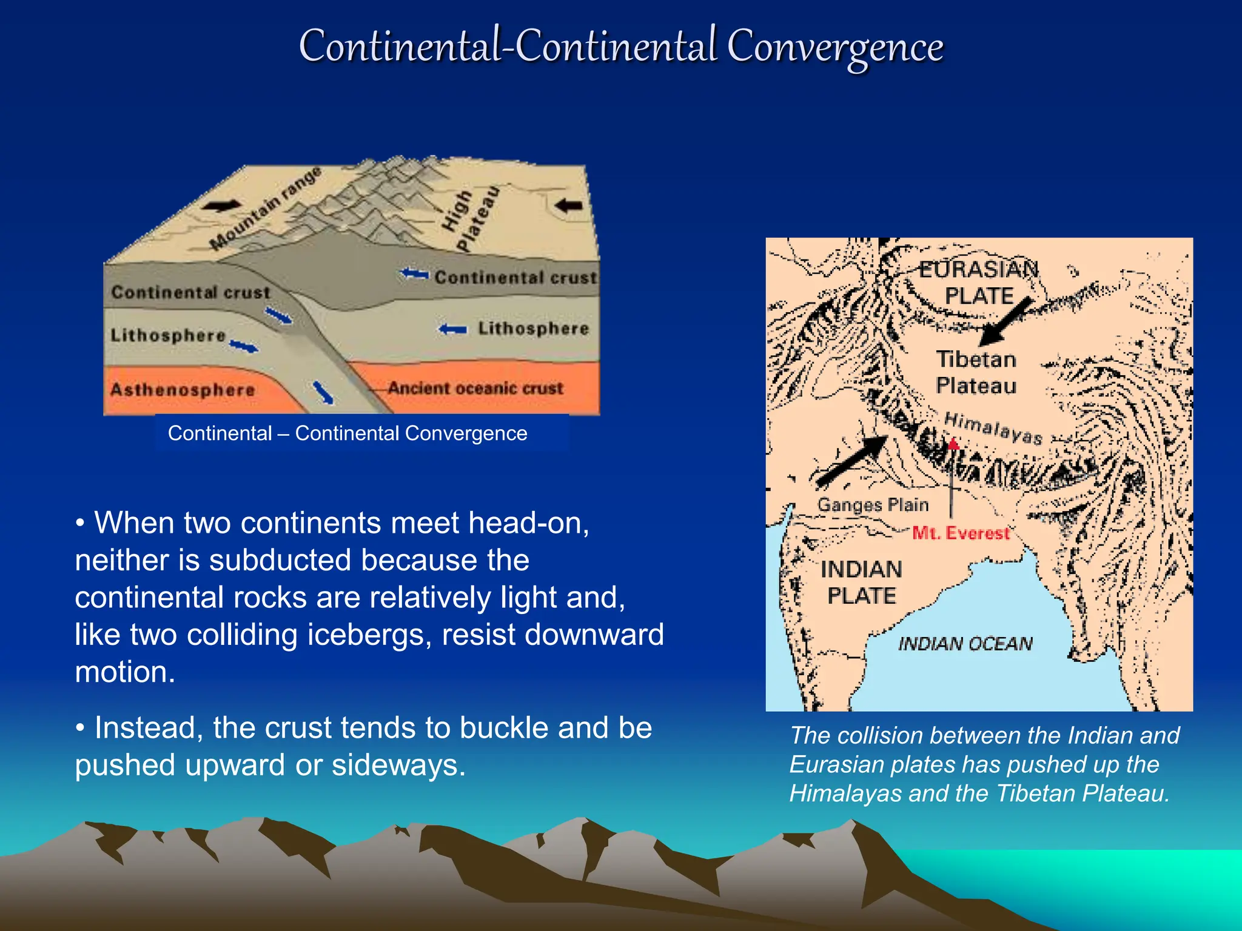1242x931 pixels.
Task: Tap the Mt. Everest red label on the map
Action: (961, 533)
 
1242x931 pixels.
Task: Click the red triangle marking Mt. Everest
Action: (953, 444)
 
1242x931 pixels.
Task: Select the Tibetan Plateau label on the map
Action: (976, 372)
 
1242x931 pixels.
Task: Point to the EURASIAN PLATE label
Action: (978, 282)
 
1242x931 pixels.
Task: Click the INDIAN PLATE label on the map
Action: (861, 582)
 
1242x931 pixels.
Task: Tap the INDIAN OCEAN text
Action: (965, 644)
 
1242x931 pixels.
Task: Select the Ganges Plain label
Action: (873, 504)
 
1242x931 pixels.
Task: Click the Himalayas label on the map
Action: (993, 428)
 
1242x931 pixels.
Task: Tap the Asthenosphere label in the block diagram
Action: (182, 390)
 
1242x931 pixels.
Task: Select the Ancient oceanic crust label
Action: (475, 388)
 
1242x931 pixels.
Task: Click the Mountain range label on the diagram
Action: (265, 209)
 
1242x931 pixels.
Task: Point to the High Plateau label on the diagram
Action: (469, 219)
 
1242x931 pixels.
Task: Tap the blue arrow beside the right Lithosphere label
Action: (452, 330)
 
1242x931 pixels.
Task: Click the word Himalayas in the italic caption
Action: (845, 793)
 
